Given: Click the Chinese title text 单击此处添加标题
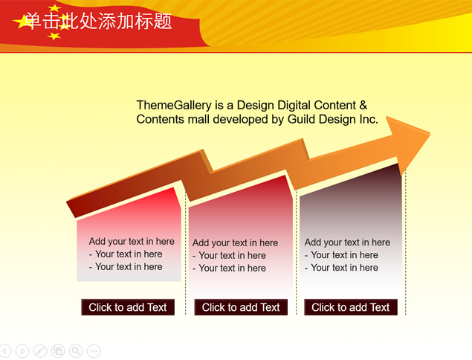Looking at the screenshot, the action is click(98, 21).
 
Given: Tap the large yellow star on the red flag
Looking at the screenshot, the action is click(22, 22).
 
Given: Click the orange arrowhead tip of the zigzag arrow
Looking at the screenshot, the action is click(430, 133).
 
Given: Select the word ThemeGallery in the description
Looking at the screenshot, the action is click(174, 105).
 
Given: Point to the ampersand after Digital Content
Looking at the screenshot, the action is click(363, 105).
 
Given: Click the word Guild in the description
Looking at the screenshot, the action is click(302, 119).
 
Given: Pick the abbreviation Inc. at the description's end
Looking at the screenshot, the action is click(369, 119).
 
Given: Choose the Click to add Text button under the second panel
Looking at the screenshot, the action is click(241, 307).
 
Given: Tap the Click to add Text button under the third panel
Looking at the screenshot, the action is click(351, 307).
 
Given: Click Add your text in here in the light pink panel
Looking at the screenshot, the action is click(132, 241).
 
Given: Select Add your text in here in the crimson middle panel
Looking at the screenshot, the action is click(235, 242).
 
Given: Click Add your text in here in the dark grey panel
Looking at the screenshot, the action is click(347, 242).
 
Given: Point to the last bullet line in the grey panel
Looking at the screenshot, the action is click(341, 268).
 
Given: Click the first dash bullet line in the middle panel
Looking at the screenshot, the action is click(230, 255).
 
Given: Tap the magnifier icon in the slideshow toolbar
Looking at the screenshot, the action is click(76, 350).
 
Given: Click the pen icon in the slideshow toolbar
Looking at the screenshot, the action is click(40, 350).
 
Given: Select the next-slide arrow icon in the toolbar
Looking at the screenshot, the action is click(22, 350).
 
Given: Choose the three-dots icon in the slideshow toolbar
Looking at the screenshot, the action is click(94, 350).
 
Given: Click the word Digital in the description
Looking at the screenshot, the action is click(294, 105).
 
